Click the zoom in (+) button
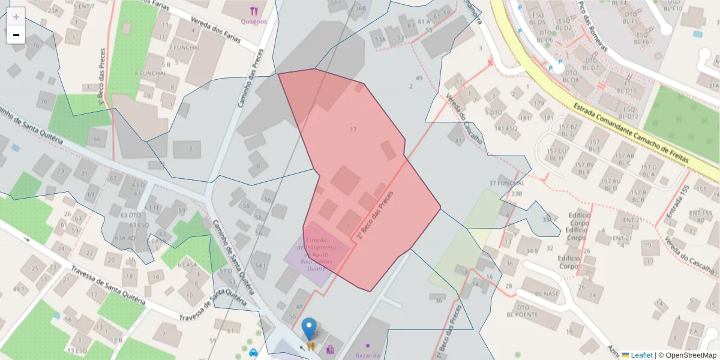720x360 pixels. tap(16, 17)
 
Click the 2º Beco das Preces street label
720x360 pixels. tap(375, 215)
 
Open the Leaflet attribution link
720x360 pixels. tap(641, 355)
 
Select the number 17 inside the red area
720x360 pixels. tap(353, 129)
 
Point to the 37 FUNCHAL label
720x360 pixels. tap(507, 183)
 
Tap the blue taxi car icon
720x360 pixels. tap(253, 353)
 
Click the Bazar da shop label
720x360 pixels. tap(369, 355)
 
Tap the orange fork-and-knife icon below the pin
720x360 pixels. tap(311, 346)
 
